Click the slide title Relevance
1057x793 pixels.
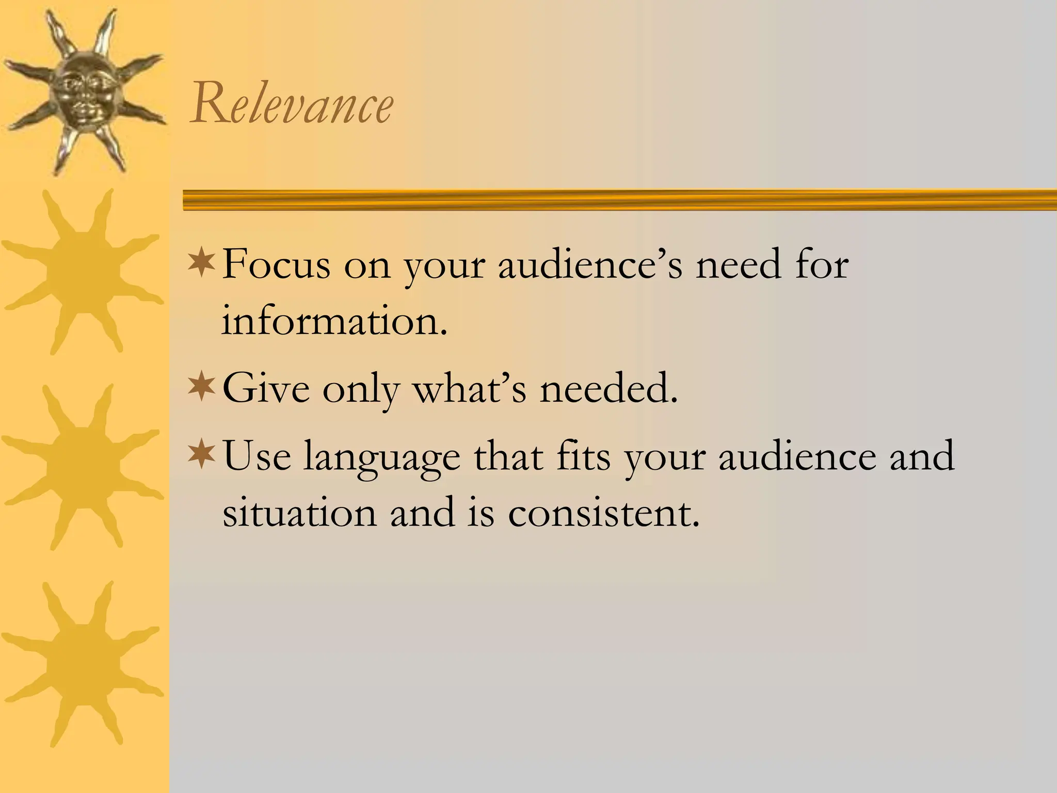click(292, 105)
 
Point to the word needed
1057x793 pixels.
click(608, 389)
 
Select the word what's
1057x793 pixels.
click(470, 389)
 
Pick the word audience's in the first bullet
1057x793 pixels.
click(590, 265)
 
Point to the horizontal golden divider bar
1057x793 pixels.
click(619, 200)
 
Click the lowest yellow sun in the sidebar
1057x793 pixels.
click(83, 663)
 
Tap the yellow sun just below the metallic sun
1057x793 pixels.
click(83, 271)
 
